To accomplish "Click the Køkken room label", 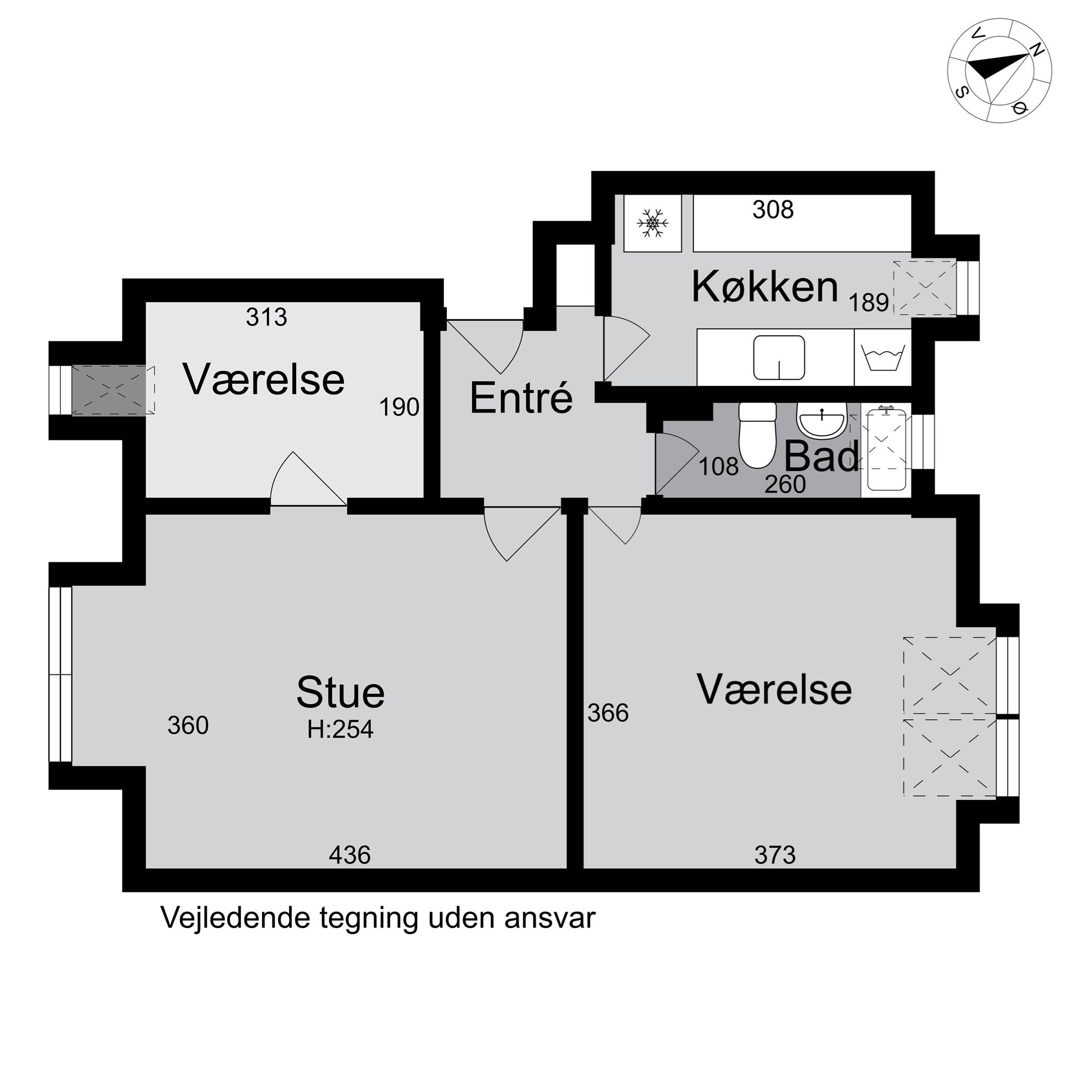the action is (x=765, y=287).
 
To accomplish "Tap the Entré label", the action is (x=521, y=398).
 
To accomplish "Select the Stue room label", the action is (x=341, y=692).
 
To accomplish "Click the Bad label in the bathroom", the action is (x=821, y=456).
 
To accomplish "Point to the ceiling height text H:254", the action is (x=341, y=730).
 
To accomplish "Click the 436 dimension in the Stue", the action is (x=349, y=855).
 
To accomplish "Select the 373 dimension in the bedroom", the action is (x=775, y=855).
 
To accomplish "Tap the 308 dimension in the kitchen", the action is (x=773, y=209).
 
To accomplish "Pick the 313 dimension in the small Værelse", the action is (x=266, y=317).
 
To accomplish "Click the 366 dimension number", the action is (x=608, y=713).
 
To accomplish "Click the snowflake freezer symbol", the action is (x=653, y=223).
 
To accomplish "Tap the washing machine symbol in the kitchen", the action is (x=883, y=357).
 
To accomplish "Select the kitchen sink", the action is (x=779, y=357).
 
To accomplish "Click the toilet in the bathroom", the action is (x=757, y=435).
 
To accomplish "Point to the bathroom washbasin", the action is (x=821, y=419).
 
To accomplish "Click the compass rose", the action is (x=1000, y=78).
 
